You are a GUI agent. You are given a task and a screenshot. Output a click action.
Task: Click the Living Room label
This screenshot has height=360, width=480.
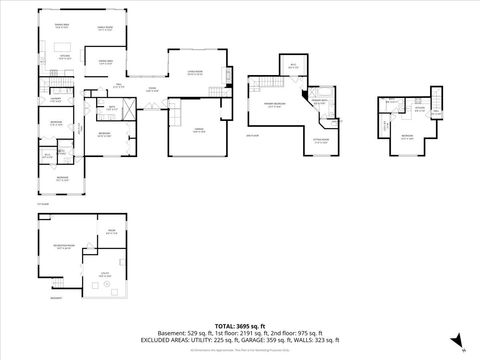191,73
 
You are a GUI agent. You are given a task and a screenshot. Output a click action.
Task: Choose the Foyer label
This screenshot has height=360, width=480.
153,90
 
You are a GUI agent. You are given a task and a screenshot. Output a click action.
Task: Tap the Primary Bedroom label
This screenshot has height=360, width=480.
272,104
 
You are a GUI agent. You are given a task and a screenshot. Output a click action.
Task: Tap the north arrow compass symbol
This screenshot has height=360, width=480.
454,339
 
